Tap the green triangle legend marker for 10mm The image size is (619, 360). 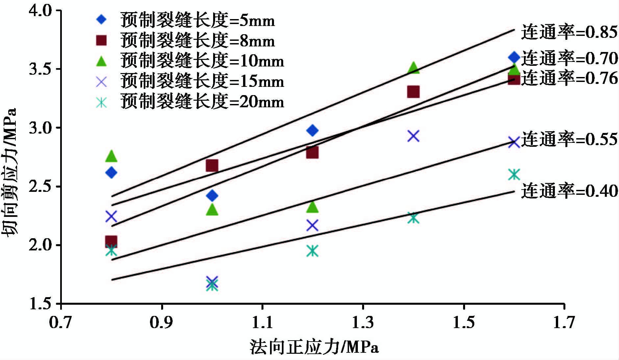[102, 61]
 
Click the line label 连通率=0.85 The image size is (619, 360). [569, 32]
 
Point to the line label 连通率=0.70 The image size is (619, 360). [569, 59]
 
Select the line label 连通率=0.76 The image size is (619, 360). [569, 78]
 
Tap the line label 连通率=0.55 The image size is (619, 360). [569, 139]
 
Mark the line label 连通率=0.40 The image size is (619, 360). [569, 191]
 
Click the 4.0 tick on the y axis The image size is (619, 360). [40, 11]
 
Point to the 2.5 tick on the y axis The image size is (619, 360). [40, 187]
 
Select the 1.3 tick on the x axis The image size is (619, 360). [363, 322]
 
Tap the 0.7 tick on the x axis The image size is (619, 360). [61, 322]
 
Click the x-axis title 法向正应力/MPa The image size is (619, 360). [314, 347]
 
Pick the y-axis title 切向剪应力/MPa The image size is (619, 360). [10, 171]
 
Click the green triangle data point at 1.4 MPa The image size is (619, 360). [413, 68]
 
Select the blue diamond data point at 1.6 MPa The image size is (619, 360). [514, 57]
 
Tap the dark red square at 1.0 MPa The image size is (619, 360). [212, 166]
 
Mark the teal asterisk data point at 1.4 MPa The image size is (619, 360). [413, 218]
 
